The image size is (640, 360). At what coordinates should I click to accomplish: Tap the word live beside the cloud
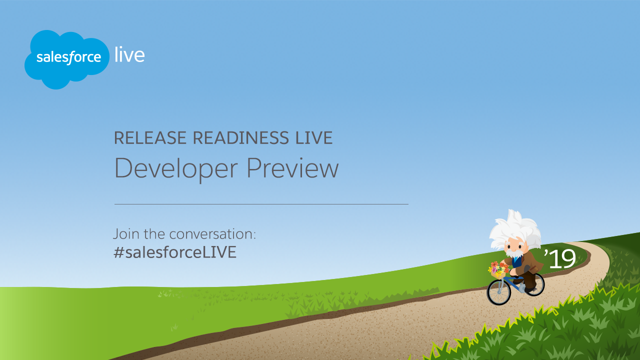(129, 54)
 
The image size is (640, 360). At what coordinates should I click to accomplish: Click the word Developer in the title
(176, 169)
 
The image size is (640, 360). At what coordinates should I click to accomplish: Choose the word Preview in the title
(292, 168)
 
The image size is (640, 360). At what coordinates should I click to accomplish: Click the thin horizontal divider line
(261, 204)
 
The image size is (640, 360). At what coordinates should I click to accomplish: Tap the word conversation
(212, 234)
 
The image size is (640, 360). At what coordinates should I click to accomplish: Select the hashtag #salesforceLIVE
(175, 252)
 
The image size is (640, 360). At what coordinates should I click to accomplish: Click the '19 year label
(560, 258)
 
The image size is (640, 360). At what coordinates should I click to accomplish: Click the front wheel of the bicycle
(498, 292)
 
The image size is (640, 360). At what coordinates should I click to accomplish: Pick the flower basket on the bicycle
(497, 270)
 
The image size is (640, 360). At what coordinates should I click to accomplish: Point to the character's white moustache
(514, 253)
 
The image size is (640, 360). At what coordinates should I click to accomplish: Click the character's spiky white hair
(515, 228)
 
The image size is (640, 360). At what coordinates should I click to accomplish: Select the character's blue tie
(516, 261)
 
